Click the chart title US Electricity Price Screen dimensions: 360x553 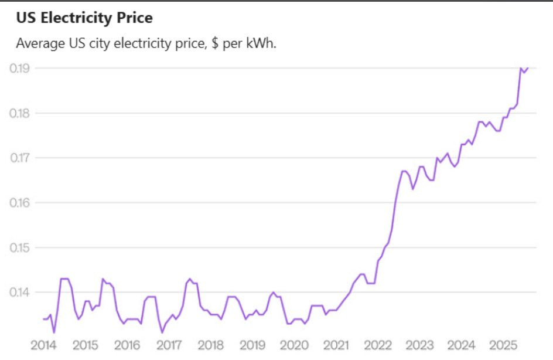pos(84,18)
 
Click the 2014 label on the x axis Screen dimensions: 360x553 pos(44,344)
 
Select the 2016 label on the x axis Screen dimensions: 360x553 pos(127,344)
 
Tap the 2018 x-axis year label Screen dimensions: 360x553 pos(211,344)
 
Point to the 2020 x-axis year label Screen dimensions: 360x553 pos(294,344)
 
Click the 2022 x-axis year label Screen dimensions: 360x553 pos(378,344)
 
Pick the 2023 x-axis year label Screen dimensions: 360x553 pos(419,344)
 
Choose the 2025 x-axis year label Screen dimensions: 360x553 pos(503,344)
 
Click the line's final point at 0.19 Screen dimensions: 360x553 pos(528,68)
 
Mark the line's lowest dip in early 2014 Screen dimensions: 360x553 pos(54,332)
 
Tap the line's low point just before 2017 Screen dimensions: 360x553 pos(162,332)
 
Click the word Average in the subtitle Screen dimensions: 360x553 pos(38,44)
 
